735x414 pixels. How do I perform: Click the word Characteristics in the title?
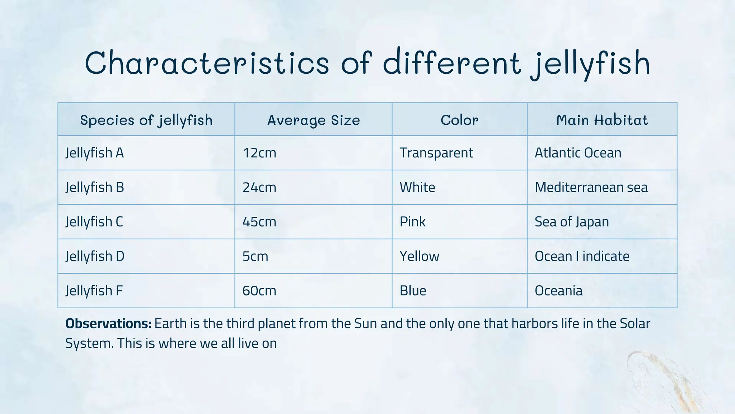click(x=207, y=63)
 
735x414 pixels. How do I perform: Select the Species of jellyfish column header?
click(x=146, y=120)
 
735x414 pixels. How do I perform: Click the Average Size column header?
click(x=313, y=120)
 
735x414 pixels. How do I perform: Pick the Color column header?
click(x=459, y=120)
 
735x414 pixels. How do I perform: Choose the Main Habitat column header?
click(x=602, y=120)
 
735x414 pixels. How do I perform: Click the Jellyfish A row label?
click(x=95, y=153)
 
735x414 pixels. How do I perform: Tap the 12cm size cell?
click(x=259, y=153)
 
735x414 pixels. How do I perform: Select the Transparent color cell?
click(x=436, y=153)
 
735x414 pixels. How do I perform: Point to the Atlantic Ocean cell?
click(x=578, y=153)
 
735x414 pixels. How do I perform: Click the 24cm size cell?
click(x=259, y=188)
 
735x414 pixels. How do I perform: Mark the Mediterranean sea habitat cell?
click(x=591, y=188)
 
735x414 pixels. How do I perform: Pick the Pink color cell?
click(x=413, y=222)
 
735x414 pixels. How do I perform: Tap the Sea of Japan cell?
click(x=572, y=222)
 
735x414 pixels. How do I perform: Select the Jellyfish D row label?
click(x=95, y=256)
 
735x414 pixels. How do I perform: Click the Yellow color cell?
click(x=420, y=256)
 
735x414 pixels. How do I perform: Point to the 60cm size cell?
click(x=259, y=291)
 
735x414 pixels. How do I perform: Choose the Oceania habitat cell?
click(x=558, y=291)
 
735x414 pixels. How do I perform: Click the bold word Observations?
click(x=108, y=324)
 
